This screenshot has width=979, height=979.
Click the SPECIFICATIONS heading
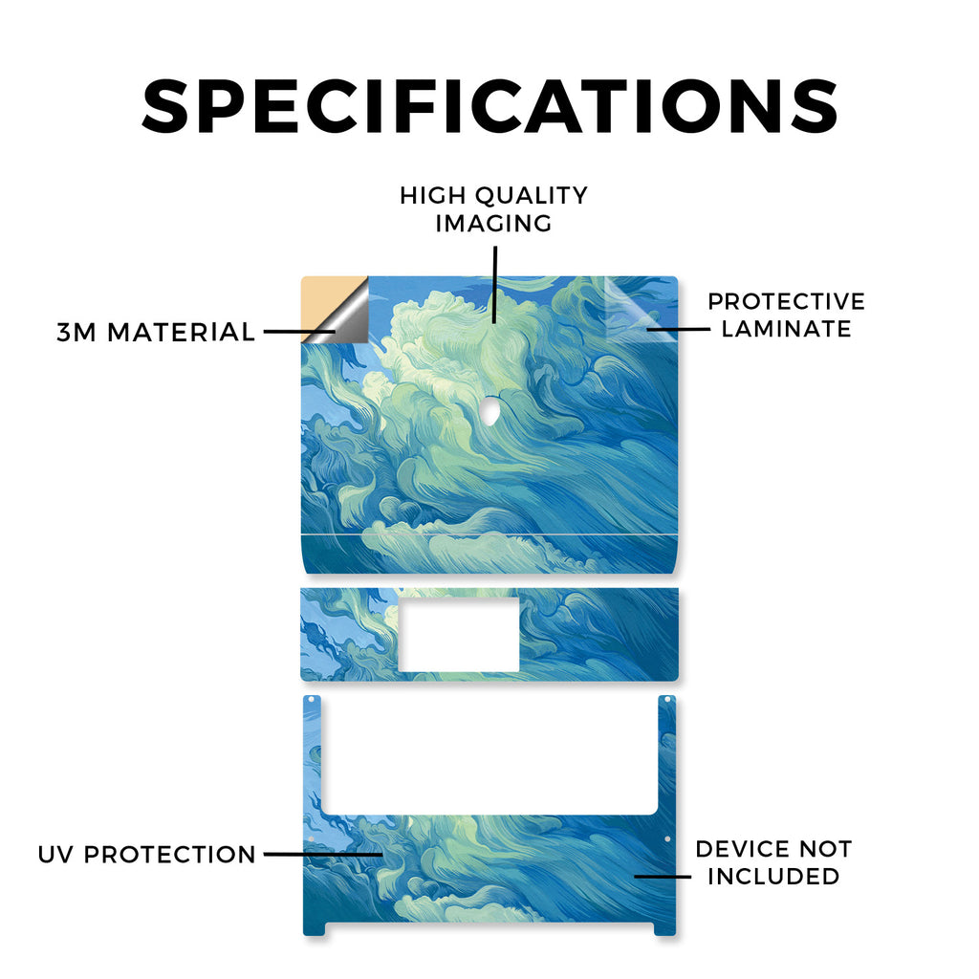[489, 106]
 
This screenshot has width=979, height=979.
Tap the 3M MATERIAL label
[156, 332]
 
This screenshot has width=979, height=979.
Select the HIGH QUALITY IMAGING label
[494, 209]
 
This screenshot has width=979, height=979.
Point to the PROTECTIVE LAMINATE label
[786, 315]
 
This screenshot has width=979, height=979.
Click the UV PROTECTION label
[146, 854]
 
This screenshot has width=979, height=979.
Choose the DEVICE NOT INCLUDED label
[773, 862]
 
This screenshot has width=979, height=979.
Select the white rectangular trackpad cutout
[459, 635]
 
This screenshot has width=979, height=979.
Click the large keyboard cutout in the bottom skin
[489, 754]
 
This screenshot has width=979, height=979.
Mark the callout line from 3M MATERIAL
[299, 332]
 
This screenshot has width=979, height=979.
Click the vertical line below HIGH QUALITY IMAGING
[494, 284]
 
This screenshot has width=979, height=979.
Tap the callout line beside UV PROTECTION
[323, 854]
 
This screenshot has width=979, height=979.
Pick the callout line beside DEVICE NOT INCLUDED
[663, 876]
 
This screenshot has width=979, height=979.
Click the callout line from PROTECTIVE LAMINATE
[678, 329]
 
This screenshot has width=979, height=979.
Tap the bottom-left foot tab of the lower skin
[315, 929]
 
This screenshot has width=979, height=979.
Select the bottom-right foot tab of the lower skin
[665, 929]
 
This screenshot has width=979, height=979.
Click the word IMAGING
[494, 224]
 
